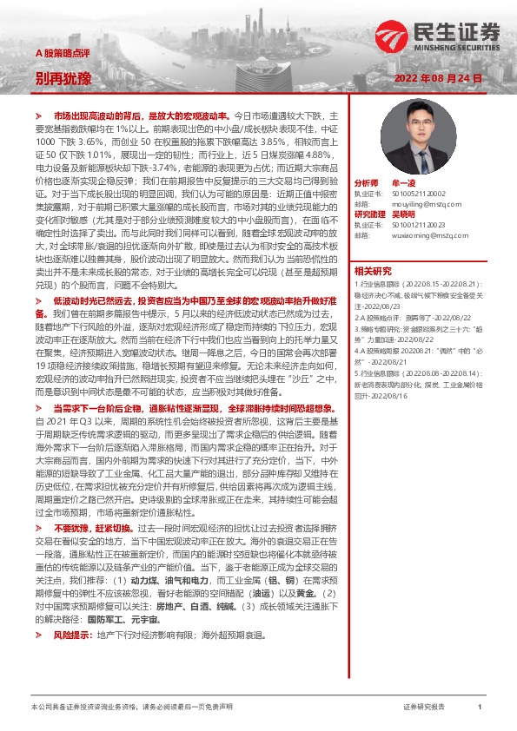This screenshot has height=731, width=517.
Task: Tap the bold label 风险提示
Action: click(x=71, y=635)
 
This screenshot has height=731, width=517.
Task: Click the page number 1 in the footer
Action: click(x=479, y=708)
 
